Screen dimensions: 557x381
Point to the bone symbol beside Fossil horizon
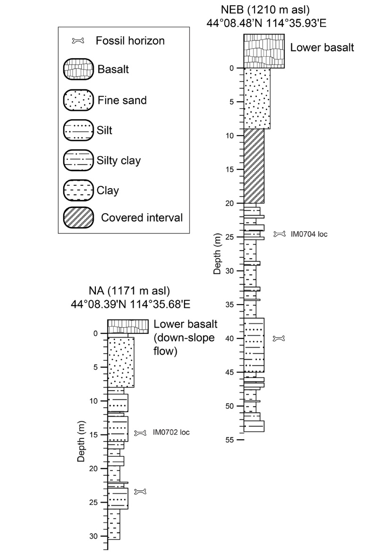(x=78, y=41)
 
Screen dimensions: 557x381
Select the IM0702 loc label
(x=171, y=432)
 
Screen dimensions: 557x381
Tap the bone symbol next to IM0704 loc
(x=280, y=234)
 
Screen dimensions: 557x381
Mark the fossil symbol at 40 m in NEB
(x=280, y=338)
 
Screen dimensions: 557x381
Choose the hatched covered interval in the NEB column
(x=254, y=165)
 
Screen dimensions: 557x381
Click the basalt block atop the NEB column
(x=264, y=51)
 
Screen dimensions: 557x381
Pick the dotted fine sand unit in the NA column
(x=121, y=362)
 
